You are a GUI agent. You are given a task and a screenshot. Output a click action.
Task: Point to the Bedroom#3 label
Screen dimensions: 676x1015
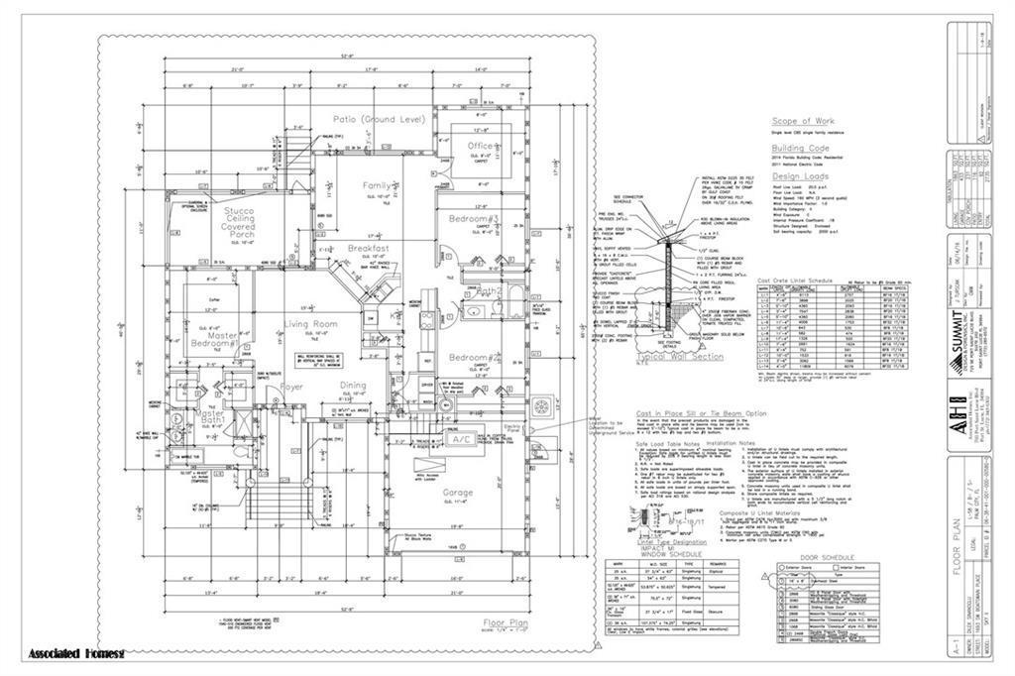[x=472, y=217]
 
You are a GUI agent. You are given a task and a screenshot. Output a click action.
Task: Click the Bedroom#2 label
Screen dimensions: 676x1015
[x=472, y=357]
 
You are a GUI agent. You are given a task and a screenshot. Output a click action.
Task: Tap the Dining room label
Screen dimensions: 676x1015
[x=354, y=386]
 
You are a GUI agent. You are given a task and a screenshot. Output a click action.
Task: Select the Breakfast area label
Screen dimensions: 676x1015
[x=368, y=248]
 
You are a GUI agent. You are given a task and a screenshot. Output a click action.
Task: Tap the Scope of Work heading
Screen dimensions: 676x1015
[x=805, y=121]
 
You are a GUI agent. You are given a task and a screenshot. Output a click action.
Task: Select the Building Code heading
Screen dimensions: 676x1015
[x=801, y=147]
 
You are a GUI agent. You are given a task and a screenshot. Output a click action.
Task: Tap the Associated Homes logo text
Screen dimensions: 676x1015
[x=77, y=654]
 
